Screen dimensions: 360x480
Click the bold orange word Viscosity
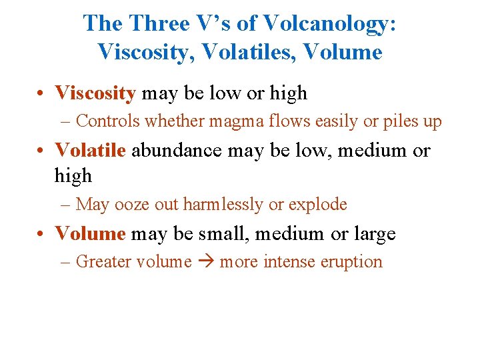[95, 93]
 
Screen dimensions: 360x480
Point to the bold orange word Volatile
[90, 150]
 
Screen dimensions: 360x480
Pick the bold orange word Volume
[90, 234]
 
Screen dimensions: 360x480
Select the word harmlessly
[220, 205]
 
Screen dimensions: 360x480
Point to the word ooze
[133, 205]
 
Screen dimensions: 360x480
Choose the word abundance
[177, 150]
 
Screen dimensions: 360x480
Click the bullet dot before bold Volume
[42, 235]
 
